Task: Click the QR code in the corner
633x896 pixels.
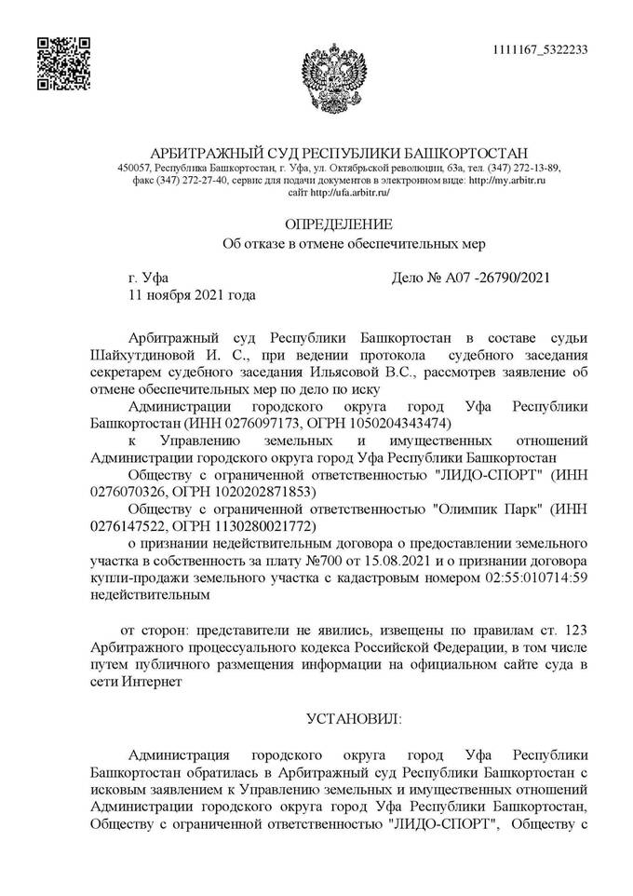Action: pos(63,63)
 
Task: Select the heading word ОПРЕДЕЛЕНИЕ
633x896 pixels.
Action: pos(338,224)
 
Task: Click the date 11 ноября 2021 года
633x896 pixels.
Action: pos(191,295)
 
